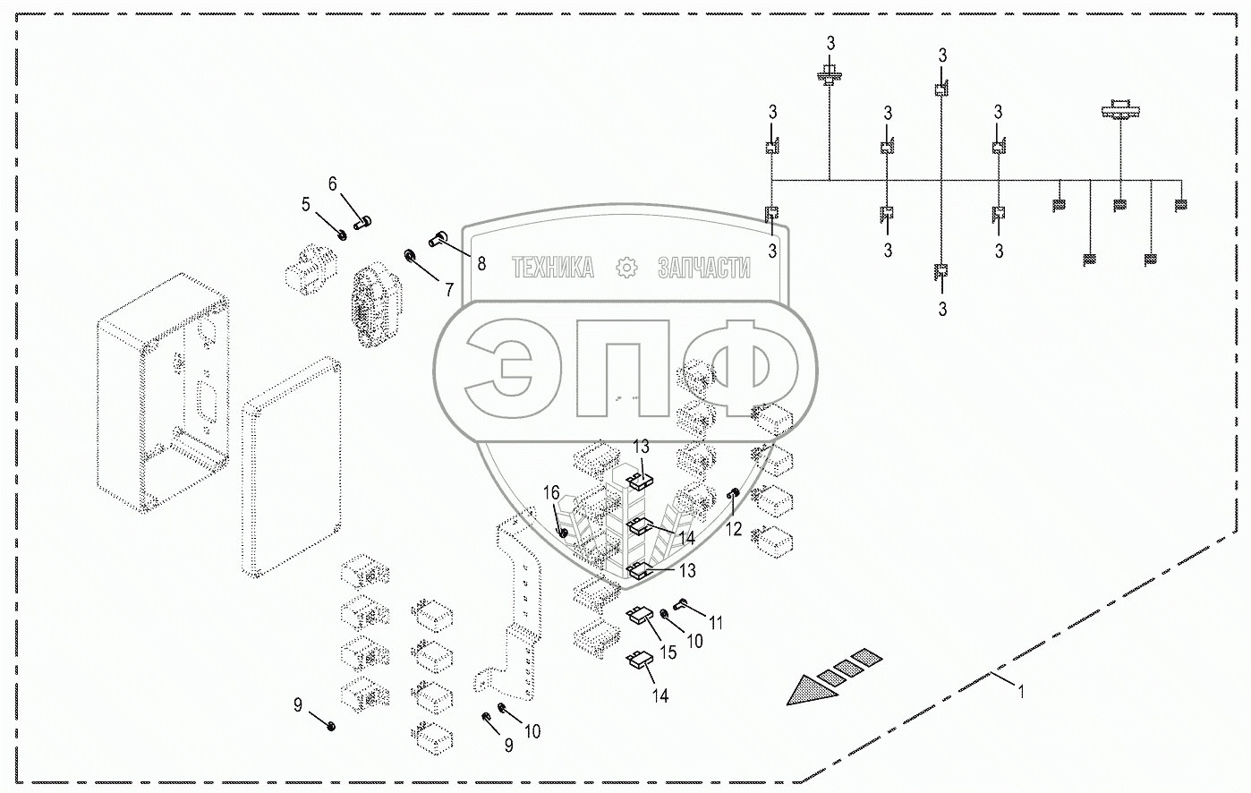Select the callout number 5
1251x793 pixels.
(306, 205)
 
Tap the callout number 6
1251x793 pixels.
(333, 184)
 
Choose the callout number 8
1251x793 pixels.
(481, 263)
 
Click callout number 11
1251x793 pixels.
(716, 622)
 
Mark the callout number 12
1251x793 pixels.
(734, 529)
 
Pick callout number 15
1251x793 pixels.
(668, 652)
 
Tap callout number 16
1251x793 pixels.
(552, 493)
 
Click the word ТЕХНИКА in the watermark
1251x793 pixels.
(552, 268)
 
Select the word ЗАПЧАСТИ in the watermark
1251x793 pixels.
(703, 268)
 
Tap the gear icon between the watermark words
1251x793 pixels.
(626, 268)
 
